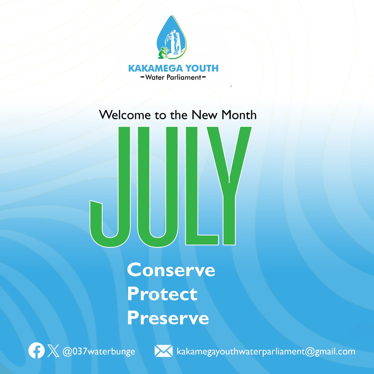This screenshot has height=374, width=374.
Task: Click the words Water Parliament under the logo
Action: pyautogui.click(x=173, y=77)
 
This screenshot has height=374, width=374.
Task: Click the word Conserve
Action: pyautogui.click(x=171, y=270)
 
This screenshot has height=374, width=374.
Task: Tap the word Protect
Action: pyautogui.click(x=162, y=294)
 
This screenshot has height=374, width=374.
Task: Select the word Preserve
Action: pyautogui.click(x=168, y=318)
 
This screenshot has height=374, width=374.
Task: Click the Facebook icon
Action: pyautogui.click(x=36, y=351)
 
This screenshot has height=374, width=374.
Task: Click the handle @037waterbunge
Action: pyautogui.click(x=98, y=352)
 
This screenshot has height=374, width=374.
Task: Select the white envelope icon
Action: pyautogui.click(x=163, y=351)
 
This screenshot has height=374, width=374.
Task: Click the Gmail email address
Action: pyautogui.click(x=266, y=352)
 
